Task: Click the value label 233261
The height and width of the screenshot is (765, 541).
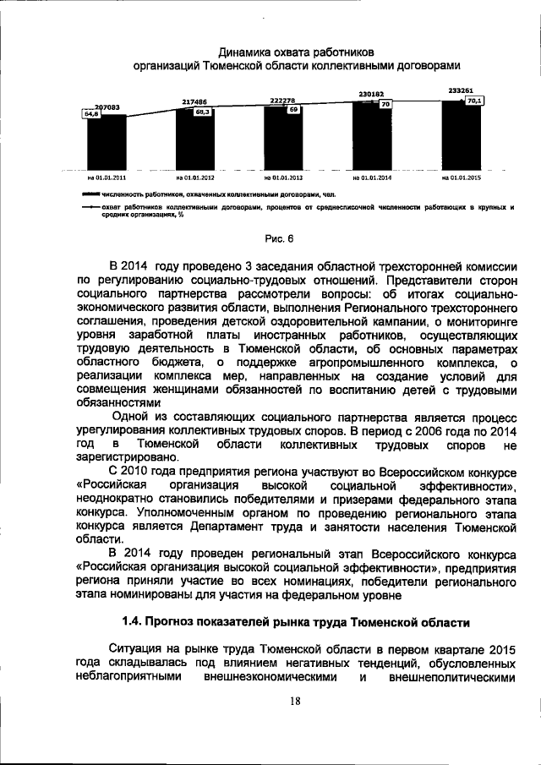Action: point(461,89)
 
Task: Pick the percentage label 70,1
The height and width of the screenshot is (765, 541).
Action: point(474,101)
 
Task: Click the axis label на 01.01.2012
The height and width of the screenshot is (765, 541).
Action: point(195,178)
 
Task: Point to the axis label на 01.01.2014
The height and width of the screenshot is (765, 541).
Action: point(373,178)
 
